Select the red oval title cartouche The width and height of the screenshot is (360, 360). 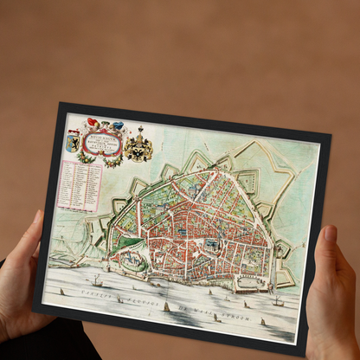point(106,140)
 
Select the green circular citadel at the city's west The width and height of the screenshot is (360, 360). point(121,247)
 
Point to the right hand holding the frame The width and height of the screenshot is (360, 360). point(334,286)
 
